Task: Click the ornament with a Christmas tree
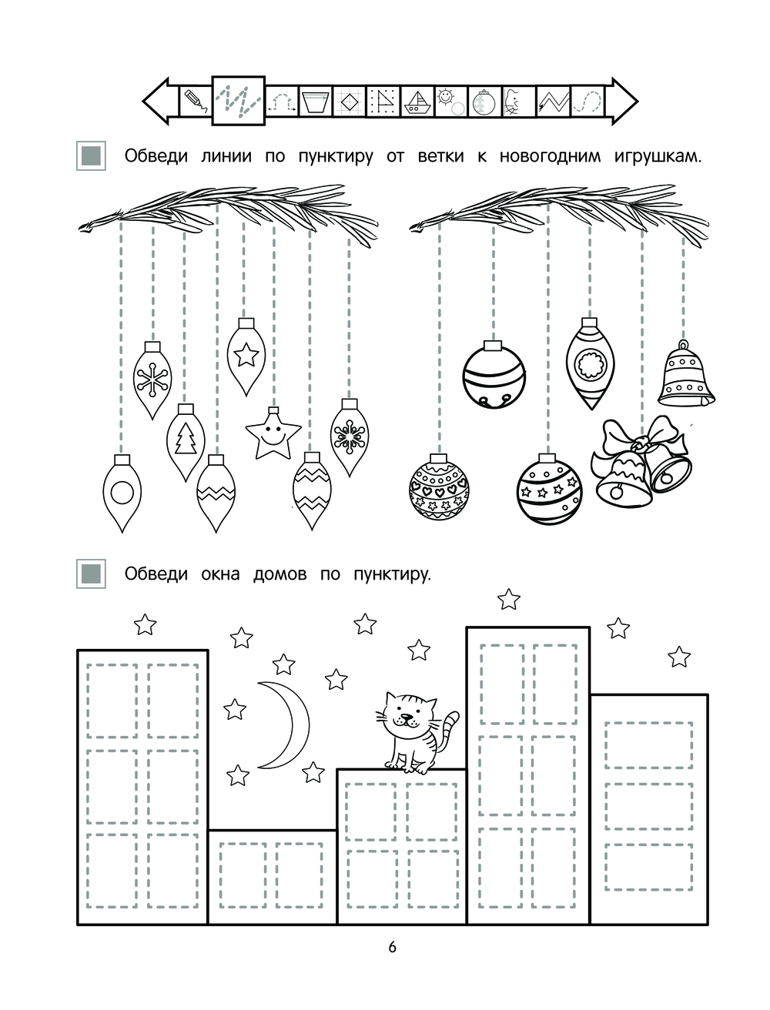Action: (186, 442)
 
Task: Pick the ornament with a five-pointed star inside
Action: (246, 356)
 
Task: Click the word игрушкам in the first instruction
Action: (658, 157)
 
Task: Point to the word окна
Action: (220, 574)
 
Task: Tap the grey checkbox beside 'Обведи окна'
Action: (91, 574)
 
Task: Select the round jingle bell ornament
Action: (494, 375)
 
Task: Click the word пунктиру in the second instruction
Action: (392, 575)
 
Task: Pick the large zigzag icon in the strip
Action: (238, 101)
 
